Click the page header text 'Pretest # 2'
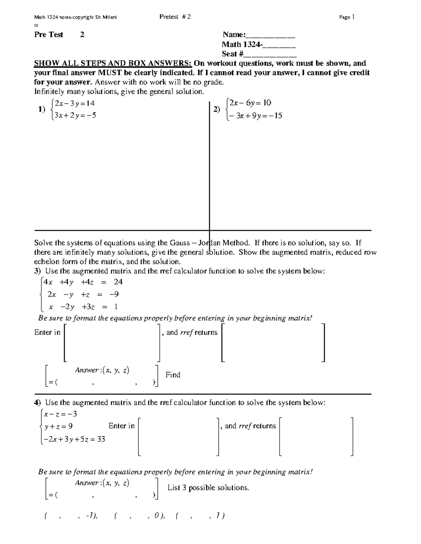[x=175, y=17]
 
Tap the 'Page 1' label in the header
[x=347, y=17]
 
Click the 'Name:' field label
[x=234, y=35]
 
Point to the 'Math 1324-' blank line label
[x=242, y=44]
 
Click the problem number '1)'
[x=42, y=109]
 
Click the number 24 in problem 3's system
[x=118, y=282]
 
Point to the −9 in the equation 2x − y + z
[x=114, y=294]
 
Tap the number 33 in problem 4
[x=101, y=439]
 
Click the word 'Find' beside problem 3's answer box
[x=173, y=375]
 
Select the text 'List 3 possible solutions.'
[x=208, y=488]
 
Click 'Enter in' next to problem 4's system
[x=121, y=426]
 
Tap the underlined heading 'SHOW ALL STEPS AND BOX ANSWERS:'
[x=113, y=63]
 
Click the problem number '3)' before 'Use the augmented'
[x=38, y=271]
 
